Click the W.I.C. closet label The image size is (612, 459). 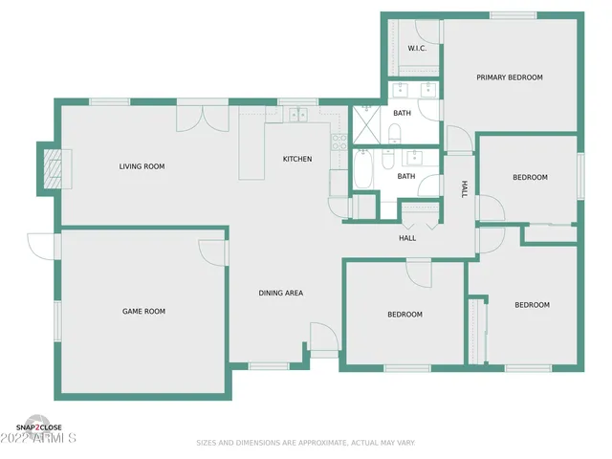pos(416,48)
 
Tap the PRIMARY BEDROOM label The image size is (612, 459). pos(510,77)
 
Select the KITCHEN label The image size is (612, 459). pos(296,159)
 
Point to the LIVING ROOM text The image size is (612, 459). pos(142,166)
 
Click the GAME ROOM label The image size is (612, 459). pos(143,311)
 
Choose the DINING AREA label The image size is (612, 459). pos(281,293)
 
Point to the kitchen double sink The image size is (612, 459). pos(297,115)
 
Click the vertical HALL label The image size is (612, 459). pos(465,188)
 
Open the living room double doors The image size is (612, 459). pos(190,118)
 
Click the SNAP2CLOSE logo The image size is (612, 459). pos(38,426)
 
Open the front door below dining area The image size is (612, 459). pos(323,337)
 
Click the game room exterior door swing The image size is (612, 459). pos(42,247)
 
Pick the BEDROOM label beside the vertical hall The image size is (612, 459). pos(530,177)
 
